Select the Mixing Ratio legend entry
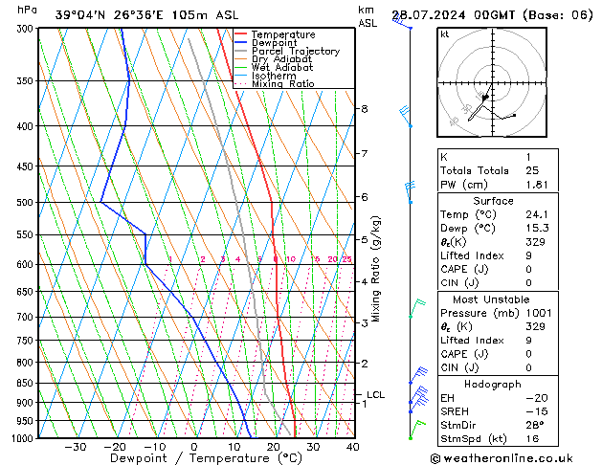(x=283, y=84)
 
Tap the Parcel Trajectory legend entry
(x=295, y=52)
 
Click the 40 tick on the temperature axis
(x=352, y=447)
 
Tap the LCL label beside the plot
(x=375, y=394)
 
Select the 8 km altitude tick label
(x=364, y=109)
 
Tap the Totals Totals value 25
(x=533, y=170)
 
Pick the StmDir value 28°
(x=534, y=424)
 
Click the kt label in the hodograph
(x=445, y=33)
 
